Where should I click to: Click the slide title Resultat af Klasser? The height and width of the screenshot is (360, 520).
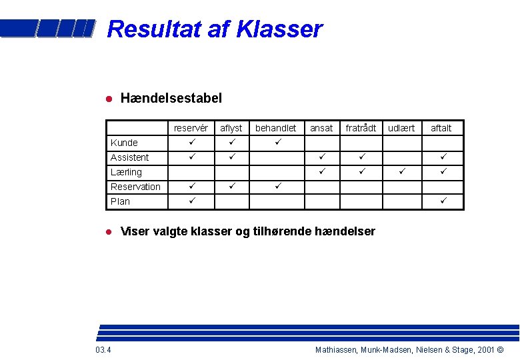[x=214, y=29]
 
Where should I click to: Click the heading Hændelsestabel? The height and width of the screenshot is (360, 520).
[x=171, y=99]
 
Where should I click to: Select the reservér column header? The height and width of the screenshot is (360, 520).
[x=191, y=128]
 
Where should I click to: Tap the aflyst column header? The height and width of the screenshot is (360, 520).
[x=231, y=128]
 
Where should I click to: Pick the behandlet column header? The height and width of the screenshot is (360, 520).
[x=276, y=128]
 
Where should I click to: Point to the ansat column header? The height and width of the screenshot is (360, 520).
[x=321, y=128]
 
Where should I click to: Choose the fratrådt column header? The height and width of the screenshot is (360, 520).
[x=361, y=128]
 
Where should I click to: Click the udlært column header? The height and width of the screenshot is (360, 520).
[x=401, y=128]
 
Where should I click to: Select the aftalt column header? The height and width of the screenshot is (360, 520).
[x=441, y=128]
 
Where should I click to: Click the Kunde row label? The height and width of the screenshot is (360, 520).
[x=124, y=143]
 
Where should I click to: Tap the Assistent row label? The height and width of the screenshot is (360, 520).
[x=129, y=157]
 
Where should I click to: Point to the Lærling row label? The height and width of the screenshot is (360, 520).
[x=126, y=172]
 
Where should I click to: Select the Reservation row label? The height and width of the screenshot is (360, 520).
[x=135, y=187]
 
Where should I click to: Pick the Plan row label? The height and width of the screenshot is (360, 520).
[x=120, y=201]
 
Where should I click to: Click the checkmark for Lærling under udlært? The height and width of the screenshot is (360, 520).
[x=401, y=171]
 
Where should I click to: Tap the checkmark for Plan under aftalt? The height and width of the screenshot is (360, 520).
[x=441, y=201]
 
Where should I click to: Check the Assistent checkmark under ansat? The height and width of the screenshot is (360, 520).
[x=321, y=157]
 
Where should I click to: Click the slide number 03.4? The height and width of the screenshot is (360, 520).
[x=103, y=350]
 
